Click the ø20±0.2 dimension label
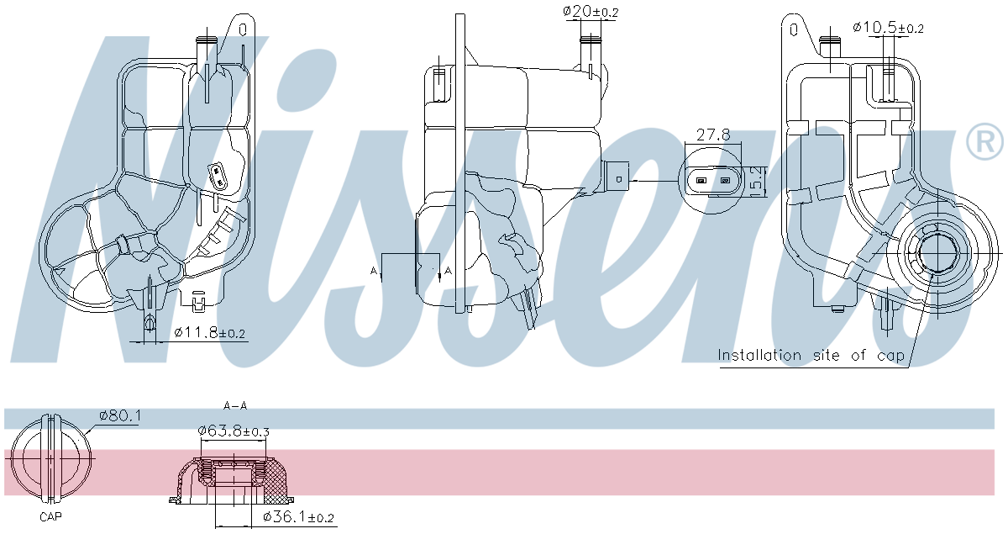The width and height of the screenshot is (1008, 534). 591,12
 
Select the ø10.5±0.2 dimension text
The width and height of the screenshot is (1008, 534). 888,28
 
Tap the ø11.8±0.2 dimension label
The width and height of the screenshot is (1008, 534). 210,333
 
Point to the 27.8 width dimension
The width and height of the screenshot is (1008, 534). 713,134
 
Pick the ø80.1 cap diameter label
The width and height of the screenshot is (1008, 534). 119,415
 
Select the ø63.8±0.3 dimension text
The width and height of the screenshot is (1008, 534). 234,431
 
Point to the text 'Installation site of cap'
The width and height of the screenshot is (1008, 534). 811,356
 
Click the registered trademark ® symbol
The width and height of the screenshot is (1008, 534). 984,142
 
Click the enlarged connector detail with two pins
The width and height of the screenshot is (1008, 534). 713,180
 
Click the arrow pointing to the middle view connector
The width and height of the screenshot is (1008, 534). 651,179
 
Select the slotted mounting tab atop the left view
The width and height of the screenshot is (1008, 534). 243,29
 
